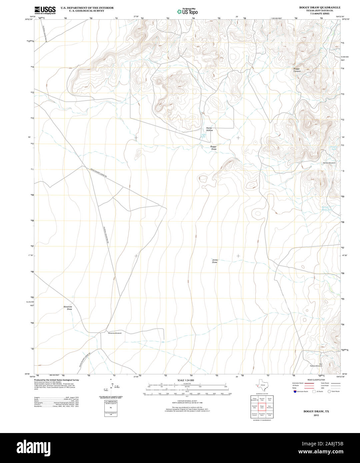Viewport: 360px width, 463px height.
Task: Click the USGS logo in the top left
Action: point(45,10)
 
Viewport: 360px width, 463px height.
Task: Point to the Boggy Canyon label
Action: point(297,70)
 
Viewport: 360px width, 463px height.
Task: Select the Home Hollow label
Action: point(209,129)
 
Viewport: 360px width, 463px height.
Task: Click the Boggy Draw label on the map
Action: point(213,148)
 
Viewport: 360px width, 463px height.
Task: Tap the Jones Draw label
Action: point(215,261)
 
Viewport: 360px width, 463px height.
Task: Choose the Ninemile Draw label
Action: point(68,308)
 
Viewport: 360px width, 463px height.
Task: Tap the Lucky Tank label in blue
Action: point(203,136)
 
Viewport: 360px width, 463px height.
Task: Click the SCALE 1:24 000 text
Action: point(186,380)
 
